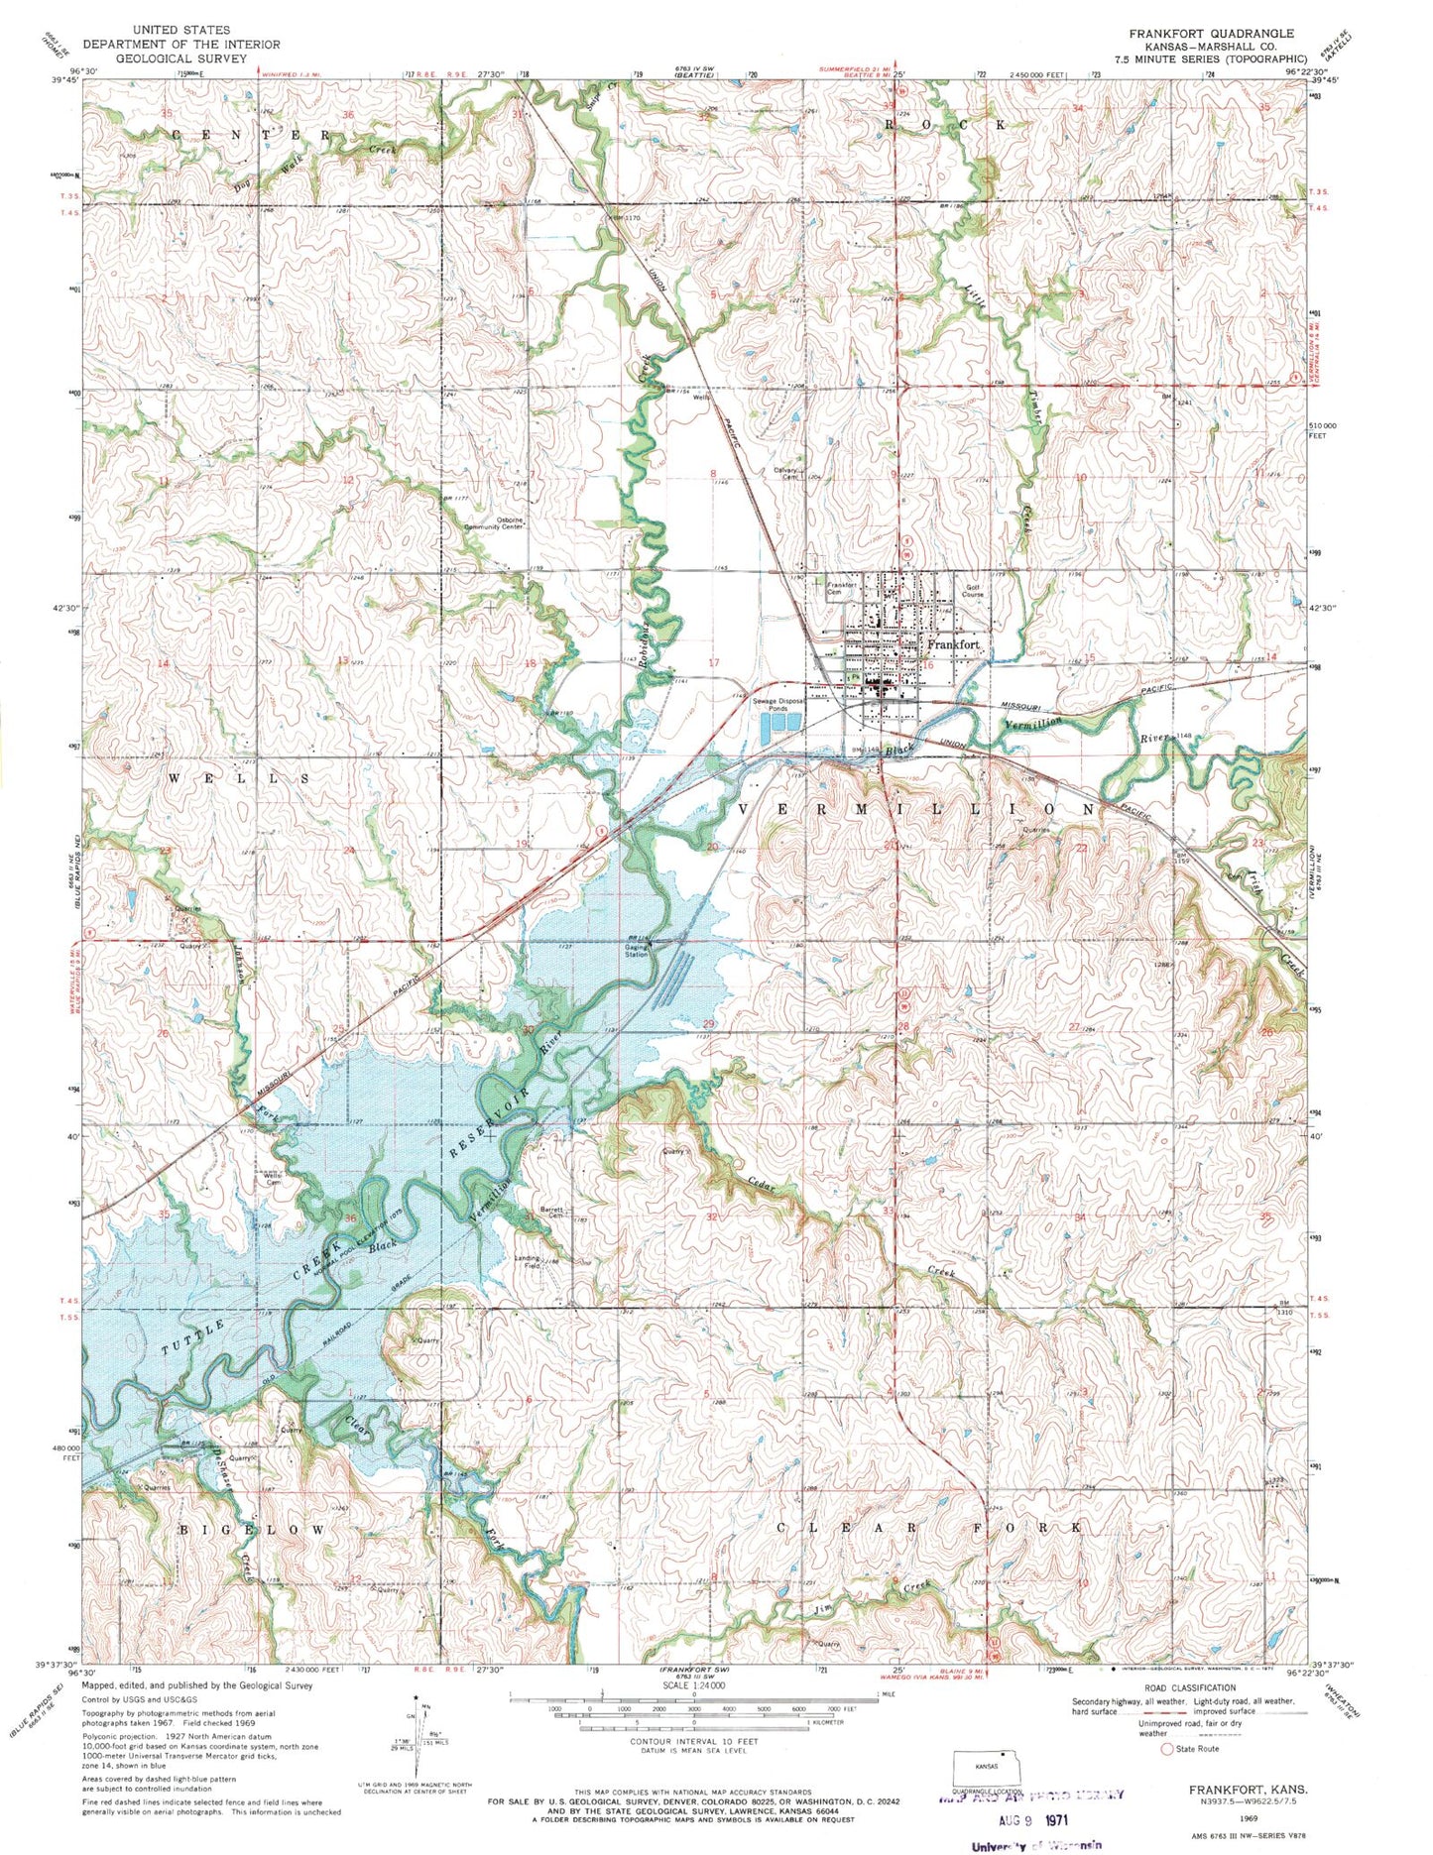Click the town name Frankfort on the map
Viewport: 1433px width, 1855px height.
pyautogui.click(x=953, y=645)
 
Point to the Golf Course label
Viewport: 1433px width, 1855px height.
pyautogui.click(x=973, y=591)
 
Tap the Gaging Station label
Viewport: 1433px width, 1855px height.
pyautogui.click(x=636, y=951)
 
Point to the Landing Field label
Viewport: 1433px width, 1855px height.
pyautogui.click(x=527, y=1262)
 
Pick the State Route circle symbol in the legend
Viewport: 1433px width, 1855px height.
pyautogui.click(x=1166, y=1750)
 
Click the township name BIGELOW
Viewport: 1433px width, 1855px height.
pyautogui.click(x=251, y=1530)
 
